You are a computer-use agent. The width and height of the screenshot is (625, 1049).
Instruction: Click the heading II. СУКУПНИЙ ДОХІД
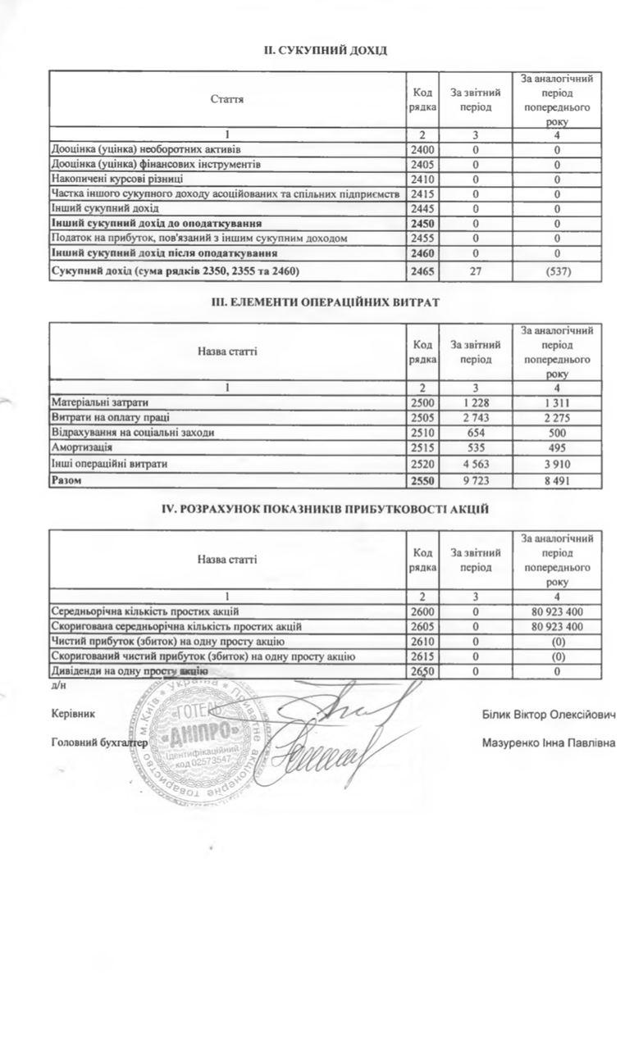pyautogui.click(x=325, y=51)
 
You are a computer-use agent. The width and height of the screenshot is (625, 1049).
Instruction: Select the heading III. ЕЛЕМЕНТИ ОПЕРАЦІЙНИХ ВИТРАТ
pyautogui.click(x=325, y=302)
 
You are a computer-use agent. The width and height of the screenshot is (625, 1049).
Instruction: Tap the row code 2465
pyautogui.click(x=424, y=271)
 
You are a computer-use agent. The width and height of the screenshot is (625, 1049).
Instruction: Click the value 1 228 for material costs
pyautogui.click(x=476, y=402)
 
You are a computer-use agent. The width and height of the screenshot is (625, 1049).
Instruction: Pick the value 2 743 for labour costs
pyautogui.click(x=476, y=417)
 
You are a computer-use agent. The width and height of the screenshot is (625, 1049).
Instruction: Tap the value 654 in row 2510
pyautogui.click(x=476, y=433)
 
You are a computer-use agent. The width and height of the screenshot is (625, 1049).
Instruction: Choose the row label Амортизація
pyautogui.click(x=82, y=447)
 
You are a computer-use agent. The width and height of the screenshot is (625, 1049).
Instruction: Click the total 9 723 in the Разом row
pyautogui.click(x=476, y=480)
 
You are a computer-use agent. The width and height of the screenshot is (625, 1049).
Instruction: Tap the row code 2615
pyautogui.click(x=424, y=656)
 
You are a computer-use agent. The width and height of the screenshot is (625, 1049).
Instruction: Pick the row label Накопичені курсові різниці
pyautogui.click(x=117, y=179)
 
